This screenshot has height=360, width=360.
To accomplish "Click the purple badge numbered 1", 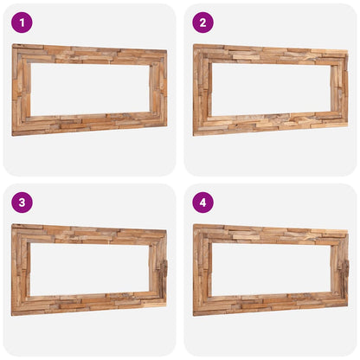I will click(22, 22).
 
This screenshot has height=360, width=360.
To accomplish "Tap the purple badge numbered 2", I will click(202, 22).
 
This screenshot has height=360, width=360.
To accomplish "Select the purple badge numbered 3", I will click(22, 202).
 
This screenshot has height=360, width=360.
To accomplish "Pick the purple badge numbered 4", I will click(202, 202).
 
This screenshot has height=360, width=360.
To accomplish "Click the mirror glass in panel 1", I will click(89, 89).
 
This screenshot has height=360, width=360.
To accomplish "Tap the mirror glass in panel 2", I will click(270, 89).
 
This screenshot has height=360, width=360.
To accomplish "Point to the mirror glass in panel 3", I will click(89, 269).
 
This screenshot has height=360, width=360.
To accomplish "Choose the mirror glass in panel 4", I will click(270, 269).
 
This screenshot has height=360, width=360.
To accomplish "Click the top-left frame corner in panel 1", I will click(16, 48).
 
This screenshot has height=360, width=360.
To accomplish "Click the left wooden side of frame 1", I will click(21, 89).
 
